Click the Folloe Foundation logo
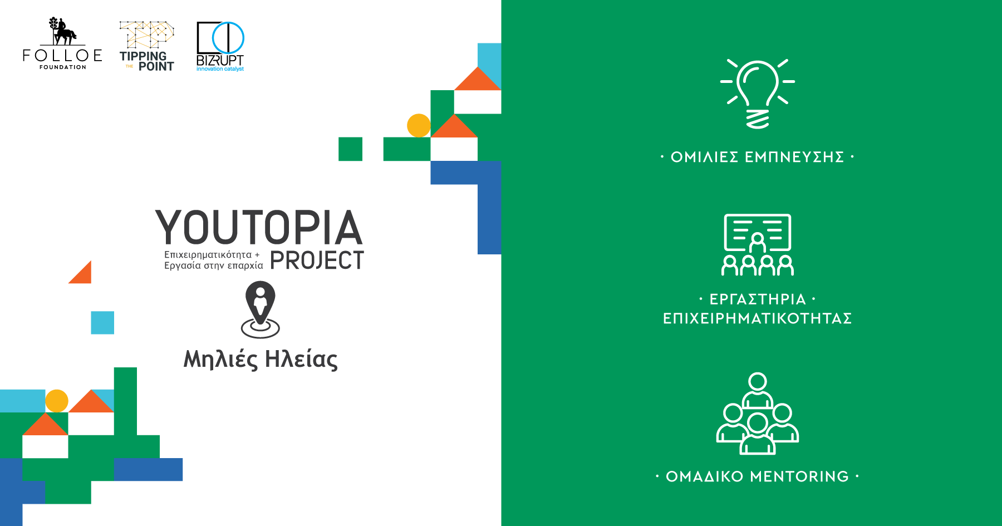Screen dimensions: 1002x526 pos(62,43)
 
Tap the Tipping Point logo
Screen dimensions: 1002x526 pos(147,46)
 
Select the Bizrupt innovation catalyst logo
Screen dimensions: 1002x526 pos(220,47)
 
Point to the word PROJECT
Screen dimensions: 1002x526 pos(317,260)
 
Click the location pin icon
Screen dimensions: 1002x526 pos(261,309)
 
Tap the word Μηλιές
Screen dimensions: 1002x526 pos(221,359)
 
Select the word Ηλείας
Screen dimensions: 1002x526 pos(301,359)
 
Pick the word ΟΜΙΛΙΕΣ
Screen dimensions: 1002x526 pos(704,157)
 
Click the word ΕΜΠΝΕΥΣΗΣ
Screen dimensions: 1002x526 pos(794,157)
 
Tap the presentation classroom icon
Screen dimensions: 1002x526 pos(758,245)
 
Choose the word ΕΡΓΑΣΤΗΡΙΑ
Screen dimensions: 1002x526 pos(758,299)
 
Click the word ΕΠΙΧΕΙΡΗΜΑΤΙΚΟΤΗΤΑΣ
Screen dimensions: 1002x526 pos(758,318)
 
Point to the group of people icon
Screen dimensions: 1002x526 pos(758,414)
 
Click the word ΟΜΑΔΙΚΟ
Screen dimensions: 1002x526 pos(705,476)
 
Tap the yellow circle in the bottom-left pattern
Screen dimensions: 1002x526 pos(57,401)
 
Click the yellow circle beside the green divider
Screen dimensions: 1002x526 pos(419,125)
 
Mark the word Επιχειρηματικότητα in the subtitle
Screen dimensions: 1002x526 pos(208,255)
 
